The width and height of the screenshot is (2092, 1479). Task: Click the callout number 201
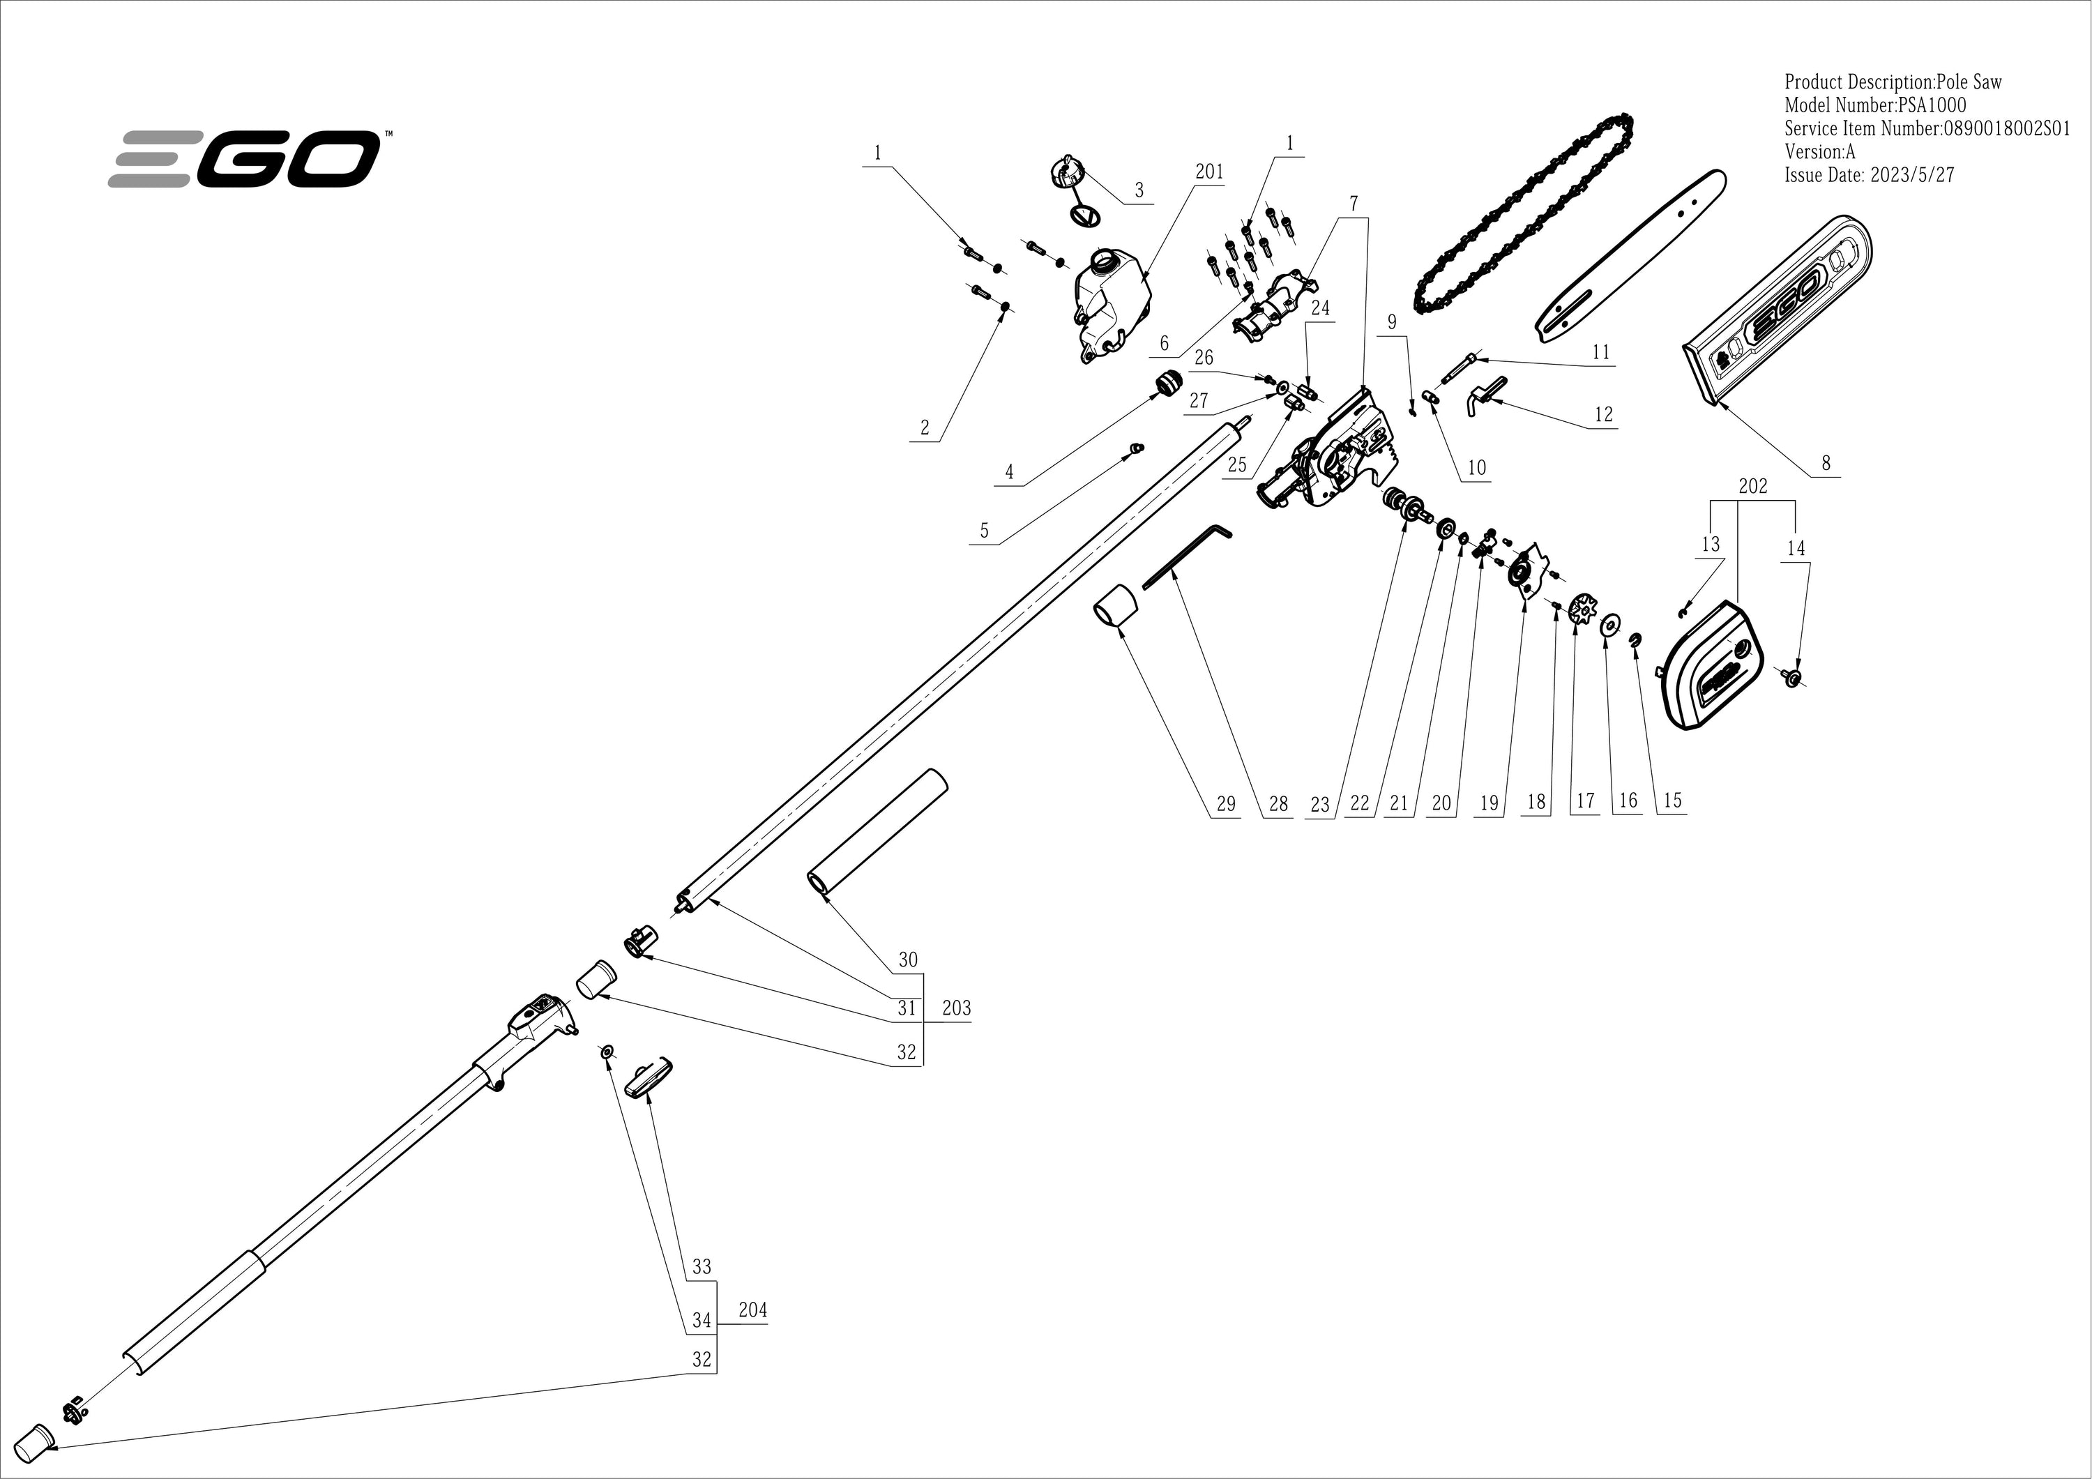tap(1209, 172)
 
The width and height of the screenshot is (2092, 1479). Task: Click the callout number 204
tap(752, 1310)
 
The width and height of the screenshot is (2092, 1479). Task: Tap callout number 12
tap(1604, 415)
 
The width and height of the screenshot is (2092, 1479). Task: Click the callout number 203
tap(956, 1008)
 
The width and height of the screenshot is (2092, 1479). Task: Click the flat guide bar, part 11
tap(1630, 259)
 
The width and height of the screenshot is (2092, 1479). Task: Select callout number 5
tap(984, 531)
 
